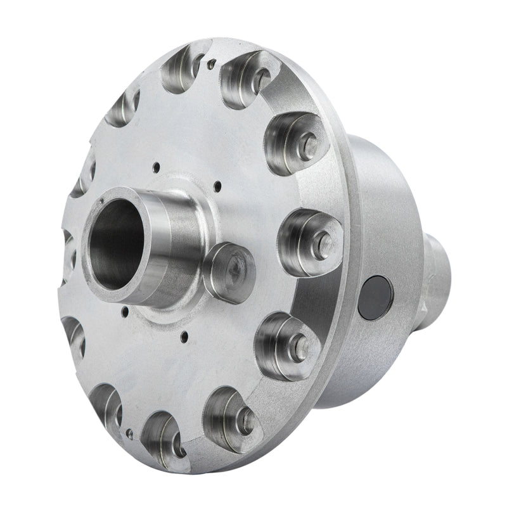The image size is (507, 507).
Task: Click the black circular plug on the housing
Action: point(375,296)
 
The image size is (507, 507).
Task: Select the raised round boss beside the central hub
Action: point(228,271)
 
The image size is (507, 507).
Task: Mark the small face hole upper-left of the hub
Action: point(155,167)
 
